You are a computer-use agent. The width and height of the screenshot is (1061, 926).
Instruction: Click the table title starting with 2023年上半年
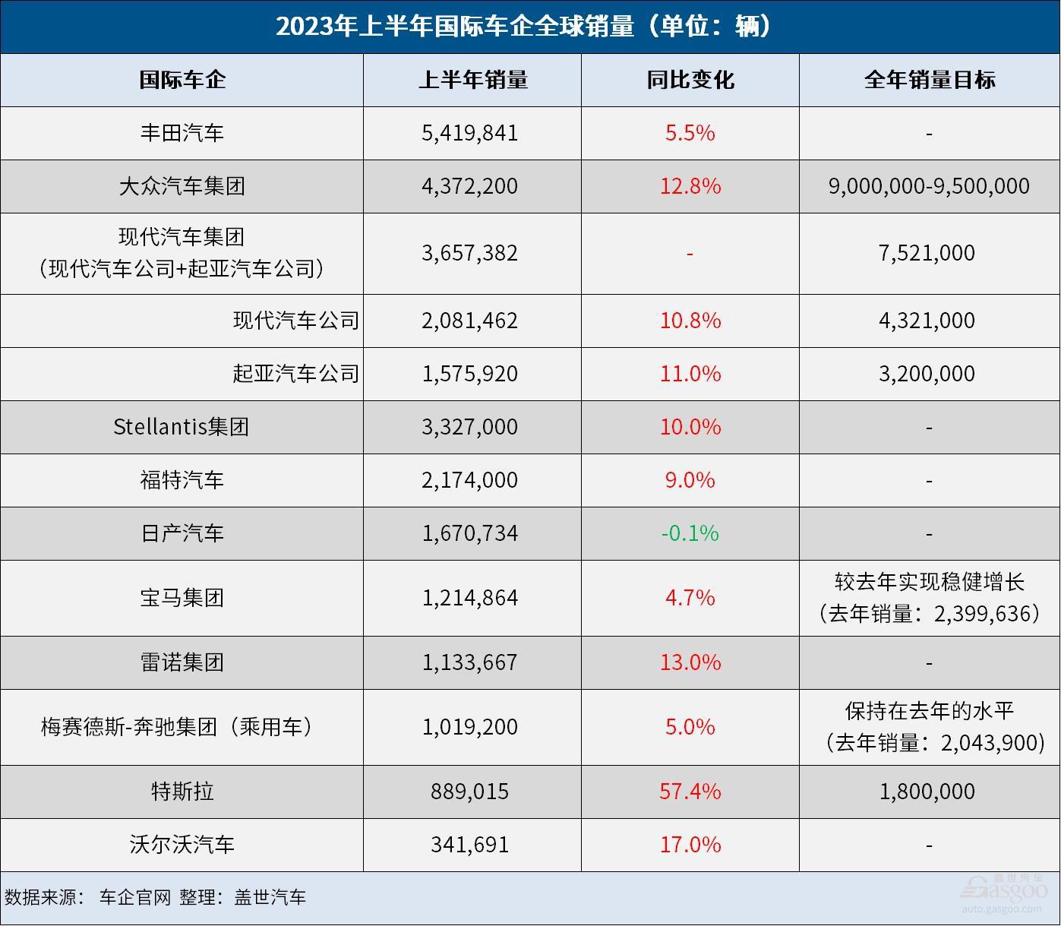pyautogui.click(x=523, y=27)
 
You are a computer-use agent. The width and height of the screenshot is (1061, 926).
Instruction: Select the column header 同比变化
pyautogui.click(x=690, y=80)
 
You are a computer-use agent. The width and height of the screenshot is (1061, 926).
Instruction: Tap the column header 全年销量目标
pyautogui.click(x=929, y=80)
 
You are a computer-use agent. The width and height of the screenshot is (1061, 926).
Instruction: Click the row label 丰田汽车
pyautogui.click(x=182, y=133)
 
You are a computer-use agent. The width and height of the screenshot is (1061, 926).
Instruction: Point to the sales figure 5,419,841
pyautogui.click(x=469, y=133)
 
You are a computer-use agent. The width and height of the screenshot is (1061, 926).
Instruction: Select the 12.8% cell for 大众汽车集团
pyautogui.click(x=690, y=186)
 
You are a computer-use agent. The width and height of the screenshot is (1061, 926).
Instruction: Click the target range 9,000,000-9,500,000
pyautogui.click(x=929, y=186)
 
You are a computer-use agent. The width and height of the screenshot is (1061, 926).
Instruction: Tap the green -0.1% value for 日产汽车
pyautogui.click(x=690, y=533)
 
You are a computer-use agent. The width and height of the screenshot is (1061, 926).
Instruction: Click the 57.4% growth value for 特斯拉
pyautogui.click(x=690, y=792)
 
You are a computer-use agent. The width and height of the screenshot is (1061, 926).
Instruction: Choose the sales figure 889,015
pyautogui.click(x=469, y=792)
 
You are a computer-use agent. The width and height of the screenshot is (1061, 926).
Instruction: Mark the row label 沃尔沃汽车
pyautogui.click(x=182, y=845)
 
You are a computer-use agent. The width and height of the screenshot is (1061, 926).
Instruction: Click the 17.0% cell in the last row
pyautogui.click(x=690, y=845)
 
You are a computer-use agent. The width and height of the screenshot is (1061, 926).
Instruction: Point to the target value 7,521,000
pyautogui.click(x=927, y=253)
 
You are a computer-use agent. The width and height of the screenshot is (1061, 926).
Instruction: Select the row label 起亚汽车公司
pyautogui.click(x=295, y=374)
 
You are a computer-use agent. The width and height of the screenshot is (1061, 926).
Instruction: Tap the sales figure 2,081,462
pyautogui.click(x=469, y=321)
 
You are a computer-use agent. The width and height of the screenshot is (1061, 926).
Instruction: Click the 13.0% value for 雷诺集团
pyautogui.click(x=690, y=662)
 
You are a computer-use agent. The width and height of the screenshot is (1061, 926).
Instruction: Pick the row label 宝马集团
pyautogui.click(x=182, y=598)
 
